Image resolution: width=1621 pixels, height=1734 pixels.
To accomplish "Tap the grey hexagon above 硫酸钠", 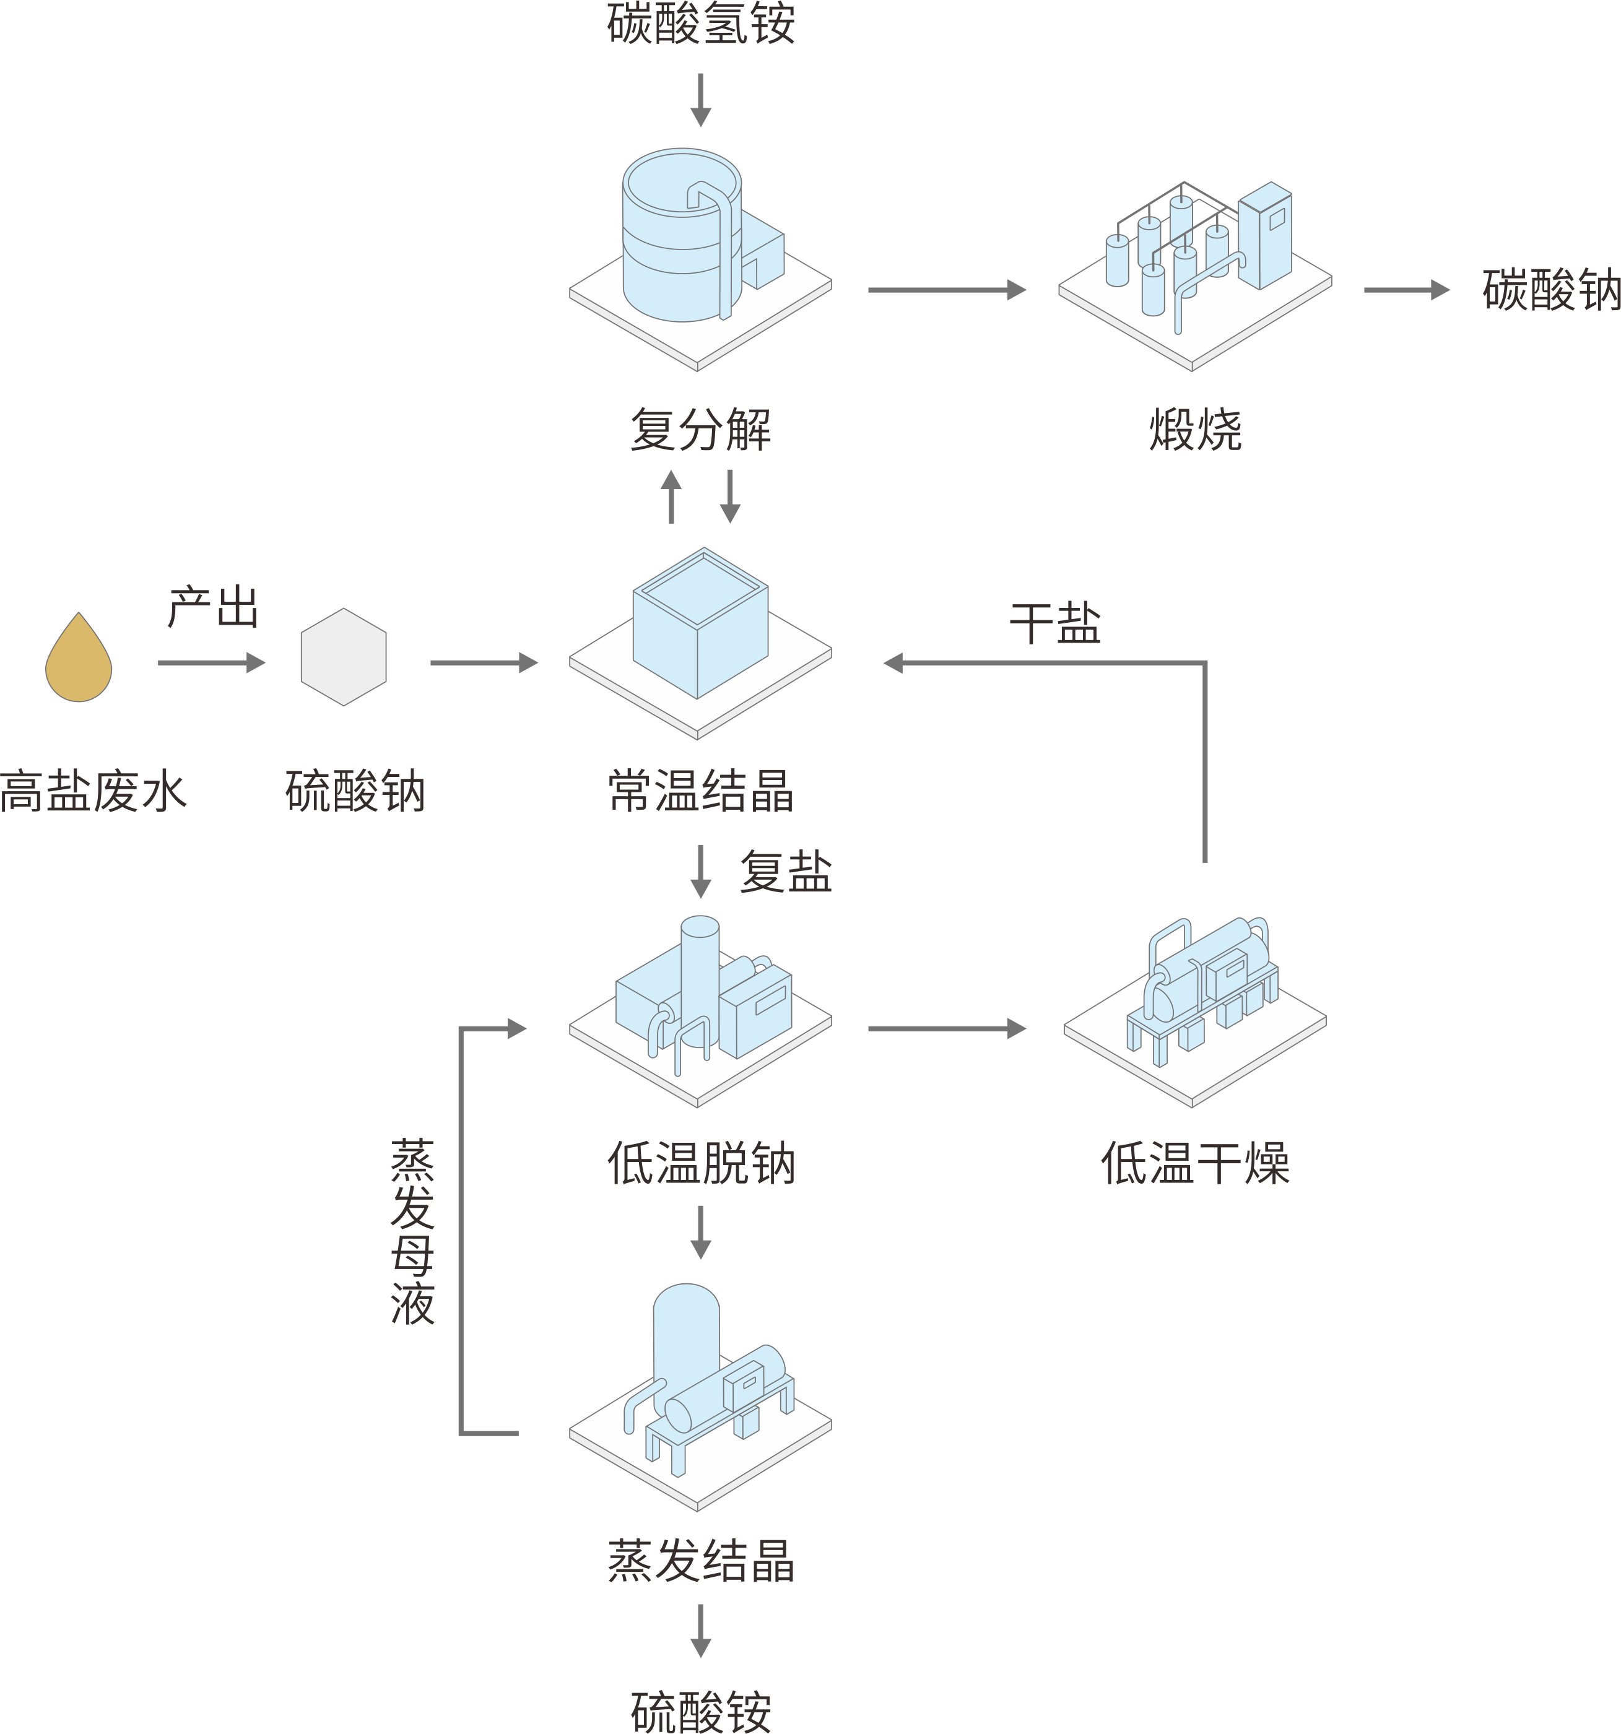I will pyautogui.click(x=343, y=657).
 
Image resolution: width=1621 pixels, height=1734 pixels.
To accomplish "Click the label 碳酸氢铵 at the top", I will pyautogui.click(x=700, y=24).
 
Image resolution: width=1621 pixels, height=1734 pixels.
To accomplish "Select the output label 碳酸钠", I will pyautogui.click(x=1550, y=290).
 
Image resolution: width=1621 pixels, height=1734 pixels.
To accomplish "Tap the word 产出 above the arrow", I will pyautogui.click(x=213, y=607).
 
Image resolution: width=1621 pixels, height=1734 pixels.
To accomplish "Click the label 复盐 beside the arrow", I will pyautogui.click(x=785, y=872).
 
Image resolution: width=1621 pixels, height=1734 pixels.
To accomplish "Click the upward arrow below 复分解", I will pyautogui.click(x=671, y=497).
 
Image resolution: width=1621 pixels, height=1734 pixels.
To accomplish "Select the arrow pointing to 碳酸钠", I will pyautogui.click(x=1406, y=290).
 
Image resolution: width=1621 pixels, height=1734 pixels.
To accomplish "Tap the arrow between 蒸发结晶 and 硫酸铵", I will pyautogui.click(x=700, y=1631).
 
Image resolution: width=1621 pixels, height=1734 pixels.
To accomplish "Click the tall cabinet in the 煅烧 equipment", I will pyautogui.click(x=1264, y=235).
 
